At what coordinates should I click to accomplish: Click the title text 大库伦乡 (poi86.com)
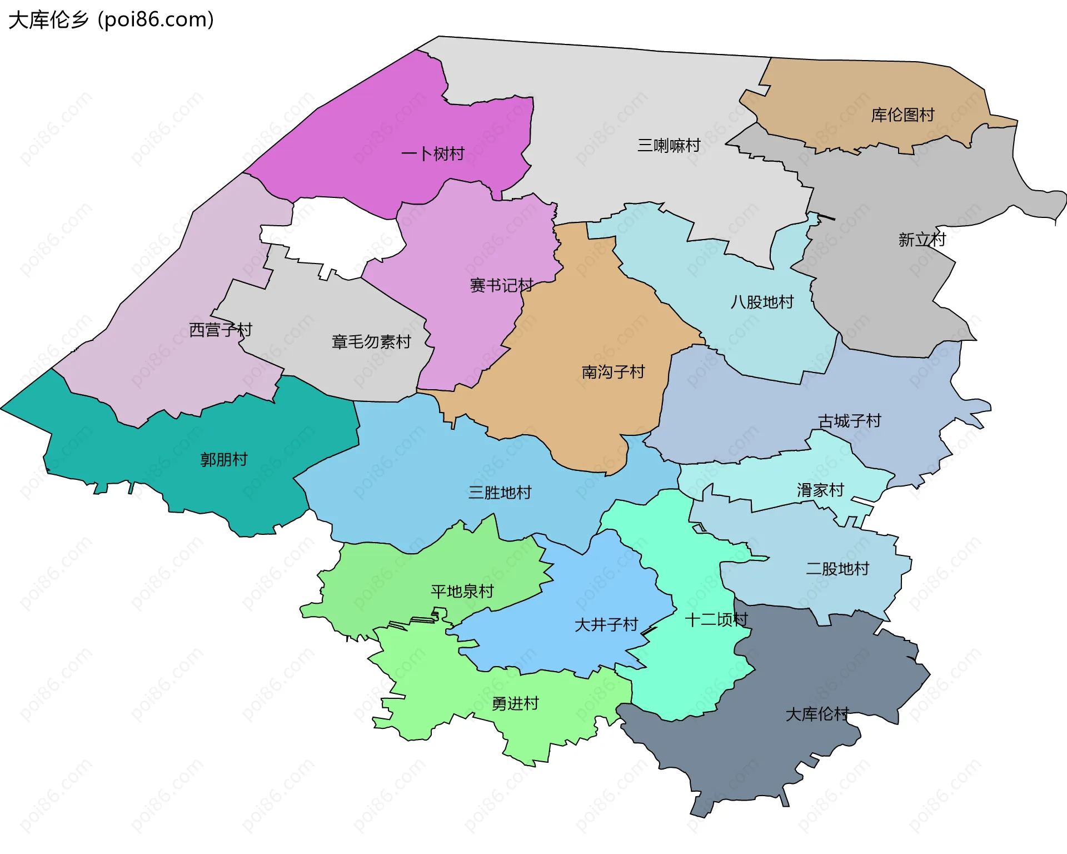111,20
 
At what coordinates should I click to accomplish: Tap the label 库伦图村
903,115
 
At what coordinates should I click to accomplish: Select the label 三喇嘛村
669,146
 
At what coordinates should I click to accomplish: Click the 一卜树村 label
432,154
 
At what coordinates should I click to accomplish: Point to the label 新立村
922,240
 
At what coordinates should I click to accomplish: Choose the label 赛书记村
501,285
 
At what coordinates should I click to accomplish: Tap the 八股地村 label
762,302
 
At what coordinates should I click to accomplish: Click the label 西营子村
221,330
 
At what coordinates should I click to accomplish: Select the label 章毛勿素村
371,341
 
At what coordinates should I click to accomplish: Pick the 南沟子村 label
613,371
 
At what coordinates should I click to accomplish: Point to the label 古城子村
849,421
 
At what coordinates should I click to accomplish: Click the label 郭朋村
223,459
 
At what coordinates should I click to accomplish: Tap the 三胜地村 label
500,492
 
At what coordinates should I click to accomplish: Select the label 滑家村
820,490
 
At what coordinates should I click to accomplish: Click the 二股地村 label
837,569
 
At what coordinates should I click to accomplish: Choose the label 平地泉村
462,591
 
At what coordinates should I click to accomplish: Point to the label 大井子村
606,624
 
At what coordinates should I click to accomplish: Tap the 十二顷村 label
716,619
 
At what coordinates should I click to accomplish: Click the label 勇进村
515,703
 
